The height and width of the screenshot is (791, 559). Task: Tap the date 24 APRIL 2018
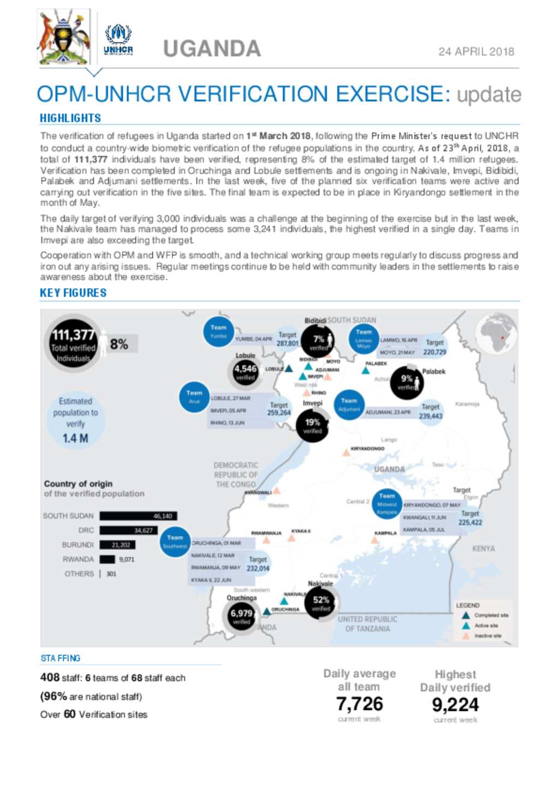coord(476,52)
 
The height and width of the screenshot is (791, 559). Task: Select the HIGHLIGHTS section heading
coord(70,118)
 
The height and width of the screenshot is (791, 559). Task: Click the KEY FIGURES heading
coord(73,293)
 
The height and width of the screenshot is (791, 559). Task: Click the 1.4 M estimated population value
coord(75,438)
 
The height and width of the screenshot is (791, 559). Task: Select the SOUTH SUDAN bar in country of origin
coord(138,516)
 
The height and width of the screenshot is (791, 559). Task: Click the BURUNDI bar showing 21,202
coord(117,545)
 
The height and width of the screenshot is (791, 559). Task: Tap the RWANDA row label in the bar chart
coord(78,560)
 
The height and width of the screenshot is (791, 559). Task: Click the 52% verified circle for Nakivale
coord(320,603)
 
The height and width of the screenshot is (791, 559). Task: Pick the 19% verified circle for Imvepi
coord(312,426)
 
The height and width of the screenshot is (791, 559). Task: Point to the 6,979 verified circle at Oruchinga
coord(241,616)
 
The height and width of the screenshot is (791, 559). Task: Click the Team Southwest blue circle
coord(175,542)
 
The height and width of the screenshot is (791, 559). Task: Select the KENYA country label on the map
coord(483,549)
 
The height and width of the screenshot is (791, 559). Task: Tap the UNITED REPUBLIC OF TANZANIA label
coord(367,624)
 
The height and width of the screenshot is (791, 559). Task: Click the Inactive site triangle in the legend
coord(466,636)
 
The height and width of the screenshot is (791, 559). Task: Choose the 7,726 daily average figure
coord(359,704)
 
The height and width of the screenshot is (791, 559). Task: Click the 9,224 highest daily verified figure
coord(455,705)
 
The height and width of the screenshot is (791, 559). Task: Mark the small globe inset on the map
coord(495,335)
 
